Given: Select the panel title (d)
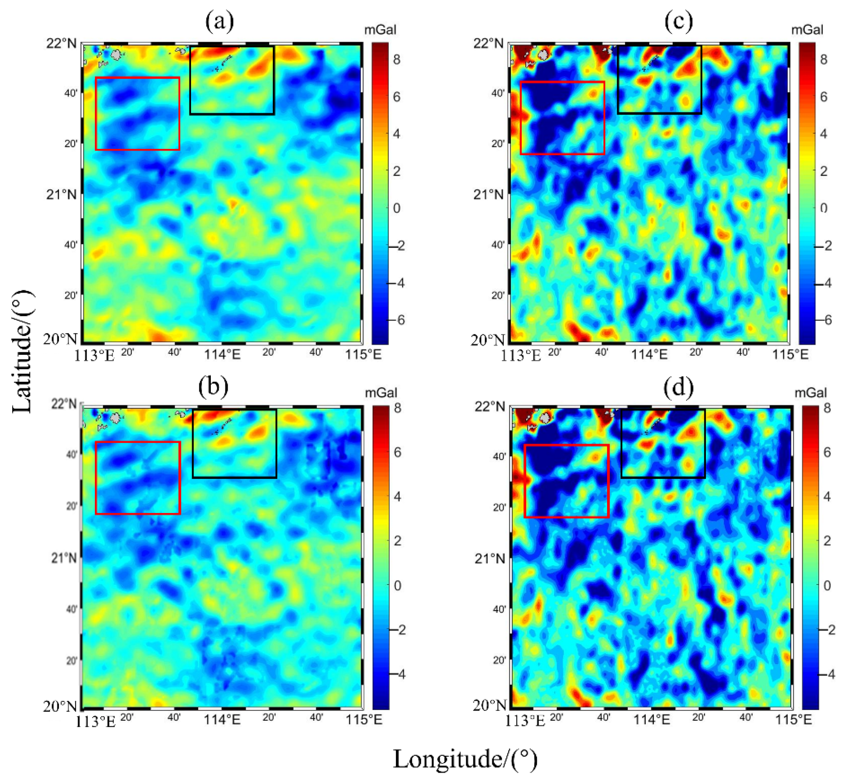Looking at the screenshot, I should pos(678,387).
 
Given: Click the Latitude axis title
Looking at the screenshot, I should pos(22,351).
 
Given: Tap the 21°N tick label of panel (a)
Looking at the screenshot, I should pos(62,195).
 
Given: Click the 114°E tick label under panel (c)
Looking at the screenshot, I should pos(649,354).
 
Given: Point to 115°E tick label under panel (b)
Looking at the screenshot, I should pos(364,719).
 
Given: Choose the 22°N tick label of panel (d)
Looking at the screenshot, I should pos(489,406).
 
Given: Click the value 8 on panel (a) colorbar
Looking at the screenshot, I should pos(396,60).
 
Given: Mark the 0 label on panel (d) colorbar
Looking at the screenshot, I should pos(827,585).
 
